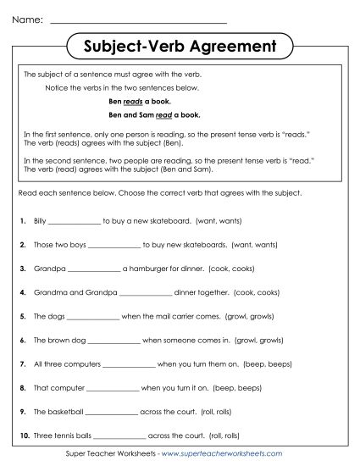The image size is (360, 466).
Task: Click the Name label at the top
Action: coord(25,18)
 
